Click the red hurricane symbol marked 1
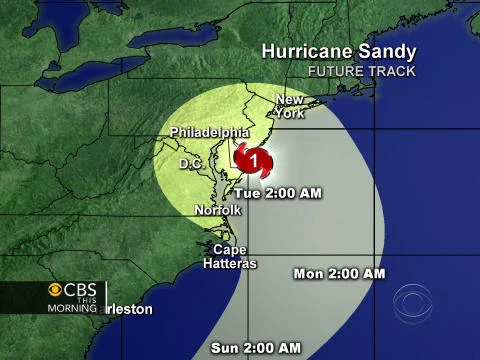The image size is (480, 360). pyautogui.click(x=255, y=159)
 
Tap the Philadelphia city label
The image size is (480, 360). pyautogui.click(x=209, y=132)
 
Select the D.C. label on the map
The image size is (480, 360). pyautogui.click(x=191, y=162)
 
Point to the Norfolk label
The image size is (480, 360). pyautogui.click(x=218, y=210)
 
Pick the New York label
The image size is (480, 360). pyautogui.click(x=290, y=107)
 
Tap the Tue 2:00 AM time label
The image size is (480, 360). pyautogui.click(x=279, y=193)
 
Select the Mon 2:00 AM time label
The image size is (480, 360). pyautogui.click(x=339, y=273)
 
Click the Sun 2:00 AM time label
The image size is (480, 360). pyautogui.click(x=256, y=347)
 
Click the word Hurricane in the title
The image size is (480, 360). pyautogui.click(x=302, y=51)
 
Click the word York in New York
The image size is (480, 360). pyautogui.click(x=290, y=114)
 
